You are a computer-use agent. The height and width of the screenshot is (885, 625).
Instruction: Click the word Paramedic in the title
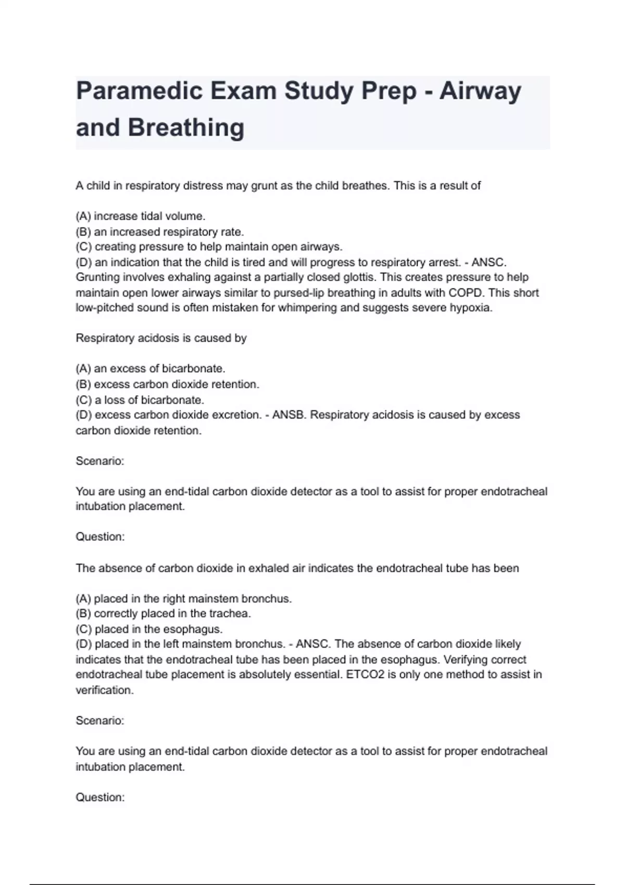tap(139, 91)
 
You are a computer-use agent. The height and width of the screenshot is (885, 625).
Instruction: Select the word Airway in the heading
tap(480, 91)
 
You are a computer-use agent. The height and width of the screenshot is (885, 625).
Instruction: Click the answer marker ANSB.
tap(287, 415)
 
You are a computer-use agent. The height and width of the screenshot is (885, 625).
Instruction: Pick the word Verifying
tap(468, 660)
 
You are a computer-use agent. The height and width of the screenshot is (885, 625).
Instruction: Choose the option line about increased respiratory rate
tap(159, 232)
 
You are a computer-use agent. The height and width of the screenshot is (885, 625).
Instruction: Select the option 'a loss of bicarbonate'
tap(140, 400)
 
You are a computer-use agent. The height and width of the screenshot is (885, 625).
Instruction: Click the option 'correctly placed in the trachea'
tap(163, 613)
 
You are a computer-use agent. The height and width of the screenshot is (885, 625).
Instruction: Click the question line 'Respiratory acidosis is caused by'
tap(161, 338)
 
